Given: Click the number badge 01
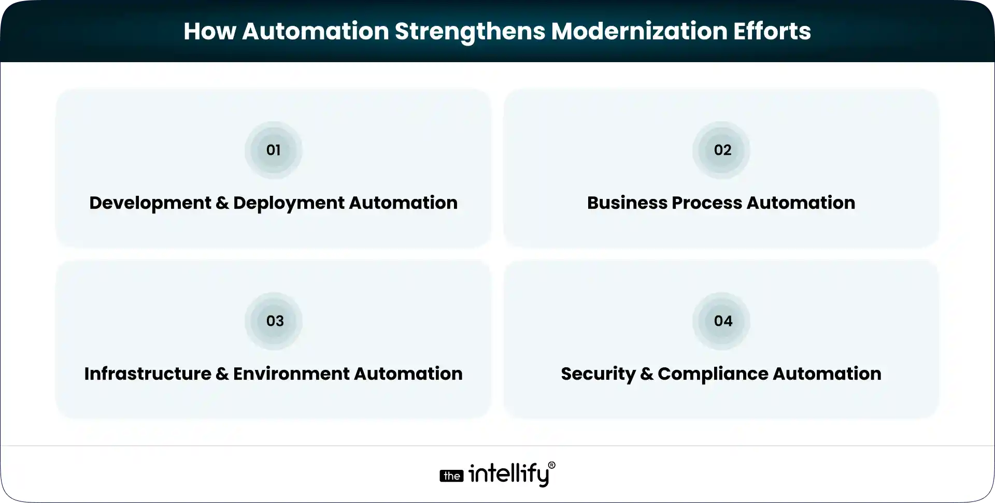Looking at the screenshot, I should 273,150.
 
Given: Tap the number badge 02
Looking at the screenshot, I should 722,150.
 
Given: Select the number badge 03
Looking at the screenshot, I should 275,321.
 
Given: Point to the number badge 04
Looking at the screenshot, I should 723,321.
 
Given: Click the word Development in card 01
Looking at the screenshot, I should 150,203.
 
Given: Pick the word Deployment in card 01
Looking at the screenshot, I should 289,203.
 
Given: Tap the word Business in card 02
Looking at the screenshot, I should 627,203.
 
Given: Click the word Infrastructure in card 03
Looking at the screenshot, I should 148,374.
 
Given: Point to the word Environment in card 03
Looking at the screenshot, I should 291,374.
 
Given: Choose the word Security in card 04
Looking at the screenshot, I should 598,374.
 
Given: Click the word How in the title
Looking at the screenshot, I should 209,31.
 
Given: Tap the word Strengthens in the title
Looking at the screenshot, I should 470,31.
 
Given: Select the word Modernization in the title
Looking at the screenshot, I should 638,31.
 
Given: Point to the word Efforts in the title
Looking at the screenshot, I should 772,31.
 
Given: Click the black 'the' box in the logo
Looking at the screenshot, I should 452,476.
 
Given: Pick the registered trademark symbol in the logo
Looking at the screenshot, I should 551,465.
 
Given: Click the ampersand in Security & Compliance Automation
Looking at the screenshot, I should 647,374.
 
